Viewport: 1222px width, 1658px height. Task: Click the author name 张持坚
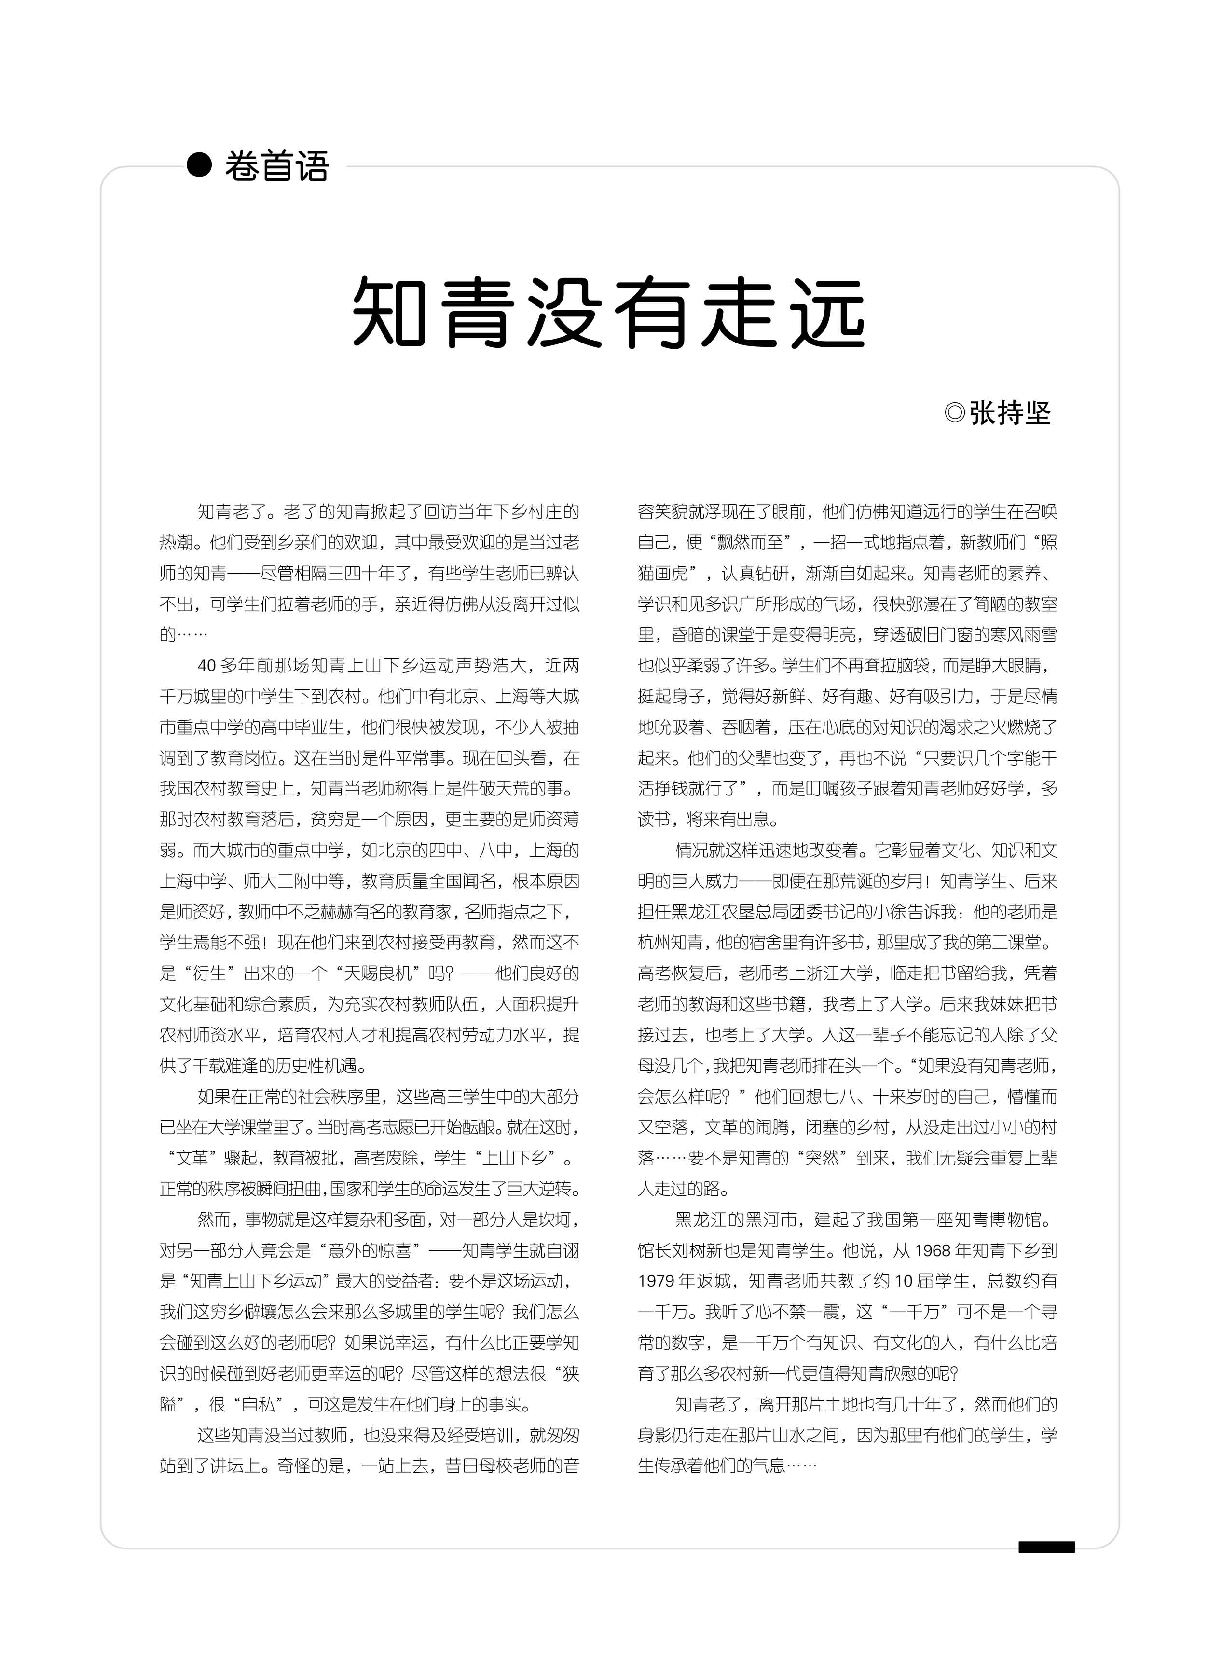click(x=1010, y=412)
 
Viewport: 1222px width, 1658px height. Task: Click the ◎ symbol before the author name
click(x=954, y=412)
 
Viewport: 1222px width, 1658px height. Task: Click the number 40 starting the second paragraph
click(x=206, y=666)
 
